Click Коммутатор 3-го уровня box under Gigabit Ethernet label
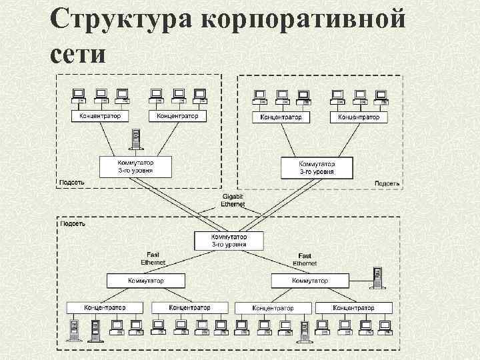(229, 241)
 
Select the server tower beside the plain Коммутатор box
(377, 279)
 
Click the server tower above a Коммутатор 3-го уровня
(136, 140)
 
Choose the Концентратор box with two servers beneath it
(105, 307)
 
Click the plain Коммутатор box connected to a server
(309, 281)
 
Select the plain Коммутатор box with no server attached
(147, 281)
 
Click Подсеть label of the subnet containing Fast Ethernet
(72, 223)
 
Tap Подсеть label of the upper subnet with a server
(72, 182)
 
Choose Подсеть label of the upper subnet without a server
(387, 183)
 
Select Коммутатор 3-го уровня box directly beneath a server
(135, 167)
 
